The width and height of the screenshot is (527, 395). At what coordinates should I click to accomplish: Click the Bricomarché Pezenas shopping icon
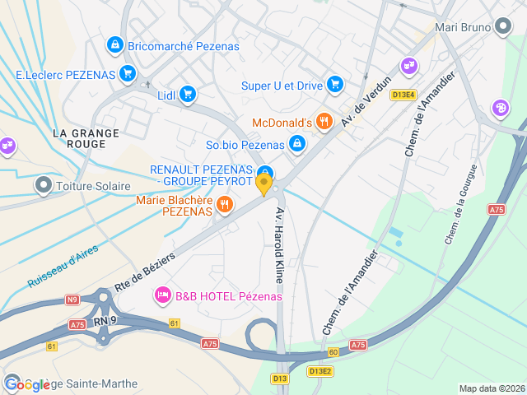[115, 45]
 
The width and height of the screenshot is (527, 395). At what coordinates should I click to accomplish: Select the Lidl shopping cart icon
[189, 95]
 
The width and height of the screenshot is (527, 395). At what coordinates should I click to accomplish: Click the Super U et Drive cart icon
[334, 85]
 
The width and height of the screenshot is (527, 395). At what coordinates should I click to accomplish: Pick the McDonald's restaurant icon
[325, 123]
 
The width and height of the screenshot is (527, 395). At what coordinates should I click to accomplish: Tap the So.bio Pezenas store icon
[297, 145]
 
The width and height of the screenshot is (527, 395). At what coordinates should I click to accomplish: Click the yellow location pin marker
[264, 184]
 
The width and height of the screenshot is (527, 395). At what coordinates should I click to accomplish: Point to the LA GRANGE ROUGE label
[86, 138]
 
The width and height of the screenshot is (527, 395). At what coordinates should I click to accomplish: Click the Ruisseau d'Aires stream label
[63, 267]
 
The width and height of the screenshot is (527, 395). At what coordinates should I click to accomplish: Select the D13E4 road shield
[403, 95]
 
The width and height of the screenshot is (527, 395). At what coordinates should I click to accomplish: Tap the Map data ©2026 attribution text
[491, 388]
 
